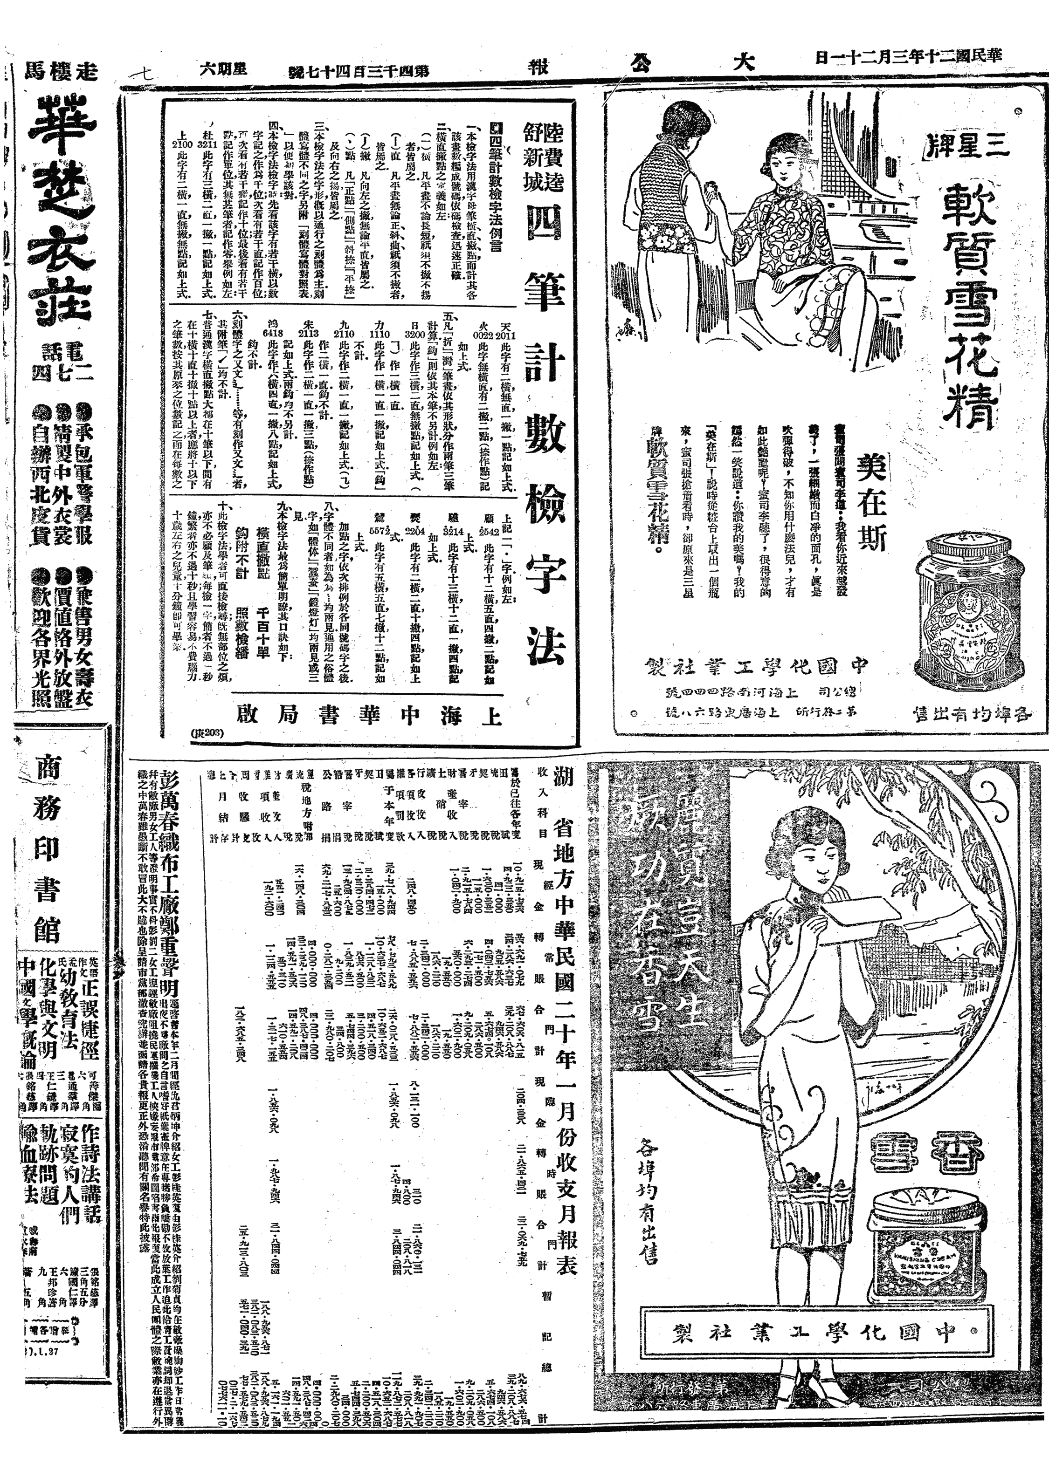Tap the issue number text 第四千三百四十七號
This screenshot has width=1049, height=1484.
click(x=358, y=69)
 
